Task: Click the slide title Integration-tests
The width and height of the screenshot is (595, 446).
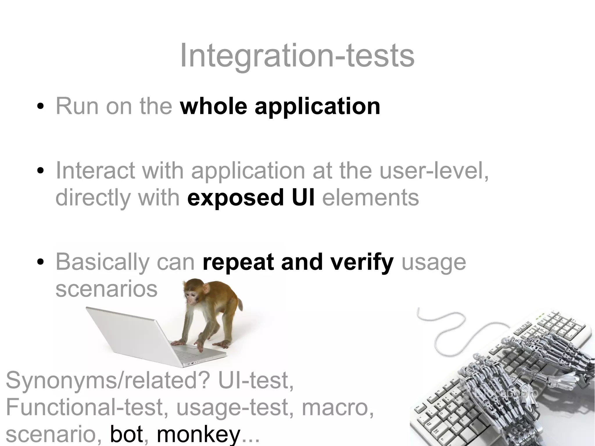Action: [x=297, y=56]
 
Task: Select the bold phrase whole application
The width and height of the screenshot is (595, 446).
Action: [x=280, y=106]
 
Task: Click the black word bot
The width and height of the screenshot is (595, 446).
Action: [x=126, y=435]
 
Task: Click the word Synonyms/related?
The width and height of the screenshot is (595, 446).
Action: [x=107, y=381]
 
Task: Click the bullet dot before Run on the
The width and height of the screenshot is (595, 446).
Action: [x=40, y=107]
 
